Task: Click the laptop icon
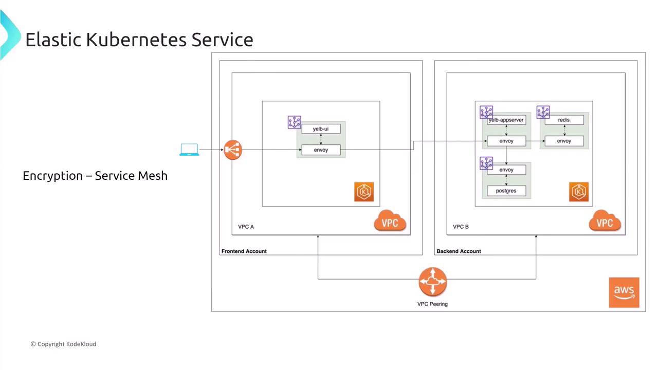[x=189, y=150]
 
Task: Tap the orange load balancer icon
[x=233, y=150]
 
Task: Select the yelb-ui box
[x=321, y=129]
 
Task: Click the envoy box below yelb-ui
[x=321, y=150]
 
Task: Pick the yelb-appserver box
[x=507, y=120]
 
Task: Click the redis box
[x=564, y=120]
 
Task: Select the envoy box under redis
[x=564, y=141]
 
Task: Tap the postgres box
[x=506, y=191]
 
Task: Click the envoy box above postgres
[x=506, y=170]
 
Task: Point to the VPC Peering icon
[x=433, y=282]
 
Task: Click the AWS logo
[x=624, y=292]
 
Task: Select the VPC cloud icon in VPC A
[x=390, y=222]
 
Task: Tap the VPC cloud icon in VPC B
[x=605, y=222]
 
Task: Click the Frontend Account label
[x=244, y=251]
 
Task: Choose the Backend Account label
[x=459, y=251]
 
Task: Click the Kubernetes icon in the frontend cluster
[x=364, y=192]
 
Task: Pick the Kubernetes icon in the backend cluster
[x=579, y=192]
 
